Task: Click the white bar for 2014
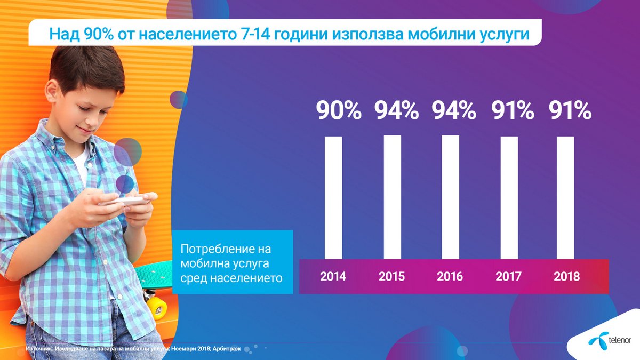[x=333, y=197]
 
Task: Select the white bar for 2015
[x=392, y=197]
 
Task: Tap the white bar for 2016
[x=450, y=197]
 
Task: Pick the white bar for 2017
[x=509, y=197]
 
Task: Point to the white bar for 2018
[x=565, y=197]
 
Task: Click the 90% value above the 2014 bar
[x=339, y=110]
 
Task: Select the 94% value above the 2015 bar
[x=396, y=110]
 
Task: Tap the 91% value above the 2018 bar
[x=570, y=110]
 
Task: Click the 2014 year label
[x=333, y=277]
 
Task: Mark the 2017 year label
[x=508, y=277]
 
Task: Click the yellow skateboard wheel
[x=156, y=308]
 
